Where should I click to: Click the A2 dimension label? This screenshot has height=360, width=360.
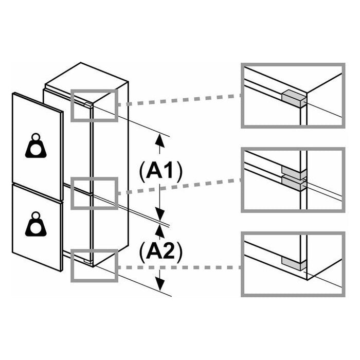click(x=160, y=252)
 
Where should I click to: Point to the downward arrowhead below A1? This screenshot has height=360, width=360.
click(x=161, y=214)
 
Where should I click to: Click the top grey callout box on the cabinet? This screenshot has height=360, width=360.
click(x=94, y=105)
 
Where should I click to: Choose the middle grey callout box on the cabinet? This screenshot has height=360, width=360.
click(x=94, y=193)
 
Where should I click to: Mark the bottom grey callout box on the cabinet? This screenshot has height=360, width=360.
click(x=94, y=264)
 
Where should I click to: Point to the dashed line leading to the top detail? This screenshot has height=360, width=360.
click(x=180, y=101)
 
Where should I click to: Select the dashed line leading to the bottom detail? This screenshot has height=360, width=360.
click(x=180, y=267)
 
